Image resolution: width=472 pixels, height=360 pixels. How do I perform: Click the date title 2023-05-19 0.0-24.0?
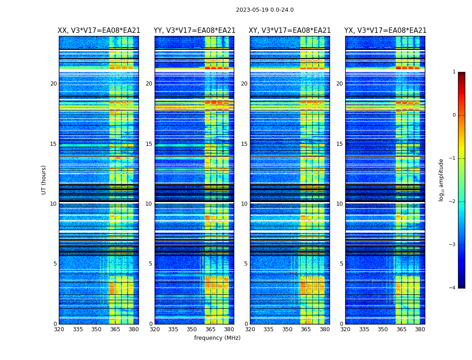point(265,10)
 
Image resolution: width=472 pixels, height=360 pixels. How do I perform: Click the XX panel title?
point(99,31)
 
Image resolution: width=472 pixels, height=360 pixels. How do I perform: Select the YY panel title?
point(195,31)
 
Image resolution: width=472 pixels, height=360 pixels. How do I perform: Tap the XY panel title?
point(290,31)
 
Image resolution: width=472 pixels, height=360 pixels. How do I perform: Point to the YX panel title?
point(385,31)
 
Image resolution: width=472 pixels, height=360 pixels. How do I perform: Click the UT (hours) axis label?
point(44,180)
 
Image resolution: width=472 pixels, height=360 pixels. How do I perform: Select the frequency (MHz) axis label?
point(217,338)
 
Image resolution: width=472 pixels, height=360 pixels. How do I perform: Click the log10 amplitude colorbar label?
point(441,180)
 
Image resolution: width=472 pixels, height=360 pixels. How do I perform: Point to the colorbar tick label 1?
point(454,72)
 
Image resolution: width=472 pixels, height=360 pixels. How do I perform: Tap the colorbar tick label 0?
point(454,115)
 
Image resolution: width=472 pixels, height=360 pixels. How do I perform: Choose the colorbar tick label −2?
point(453,202)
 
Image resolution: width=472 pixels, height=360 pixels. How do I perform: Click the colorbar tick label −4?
point(453,288)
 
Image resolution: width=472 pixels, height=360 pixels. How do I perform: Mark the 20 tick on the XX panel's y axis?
point(53,84)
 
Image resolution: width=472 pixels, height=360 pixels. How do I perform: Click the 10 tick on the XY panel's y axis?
point(244,204)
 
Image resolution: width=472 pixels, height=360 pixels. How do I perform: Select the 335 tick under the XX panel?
point(78,329)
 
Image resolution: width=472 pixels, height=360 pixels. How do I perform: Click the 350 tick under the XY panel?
point(287,329)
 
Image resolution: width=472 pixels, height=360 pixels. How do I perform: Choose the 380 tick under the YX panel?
point(420,329)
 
